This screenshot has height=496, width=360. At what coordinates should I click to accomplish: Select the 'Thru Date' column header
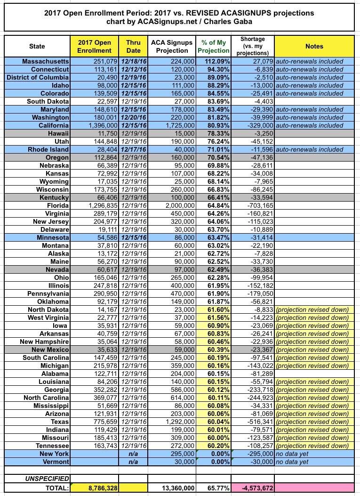point(133,46)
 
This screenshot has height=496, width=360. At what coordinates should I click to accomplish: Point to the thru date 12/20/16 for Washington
point(133,118)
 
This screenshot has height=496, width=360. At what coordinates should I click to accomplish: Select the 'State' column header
point(37,46)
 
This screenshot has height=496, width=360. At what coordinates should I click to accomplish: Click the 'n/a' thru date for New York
point(133,454)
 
